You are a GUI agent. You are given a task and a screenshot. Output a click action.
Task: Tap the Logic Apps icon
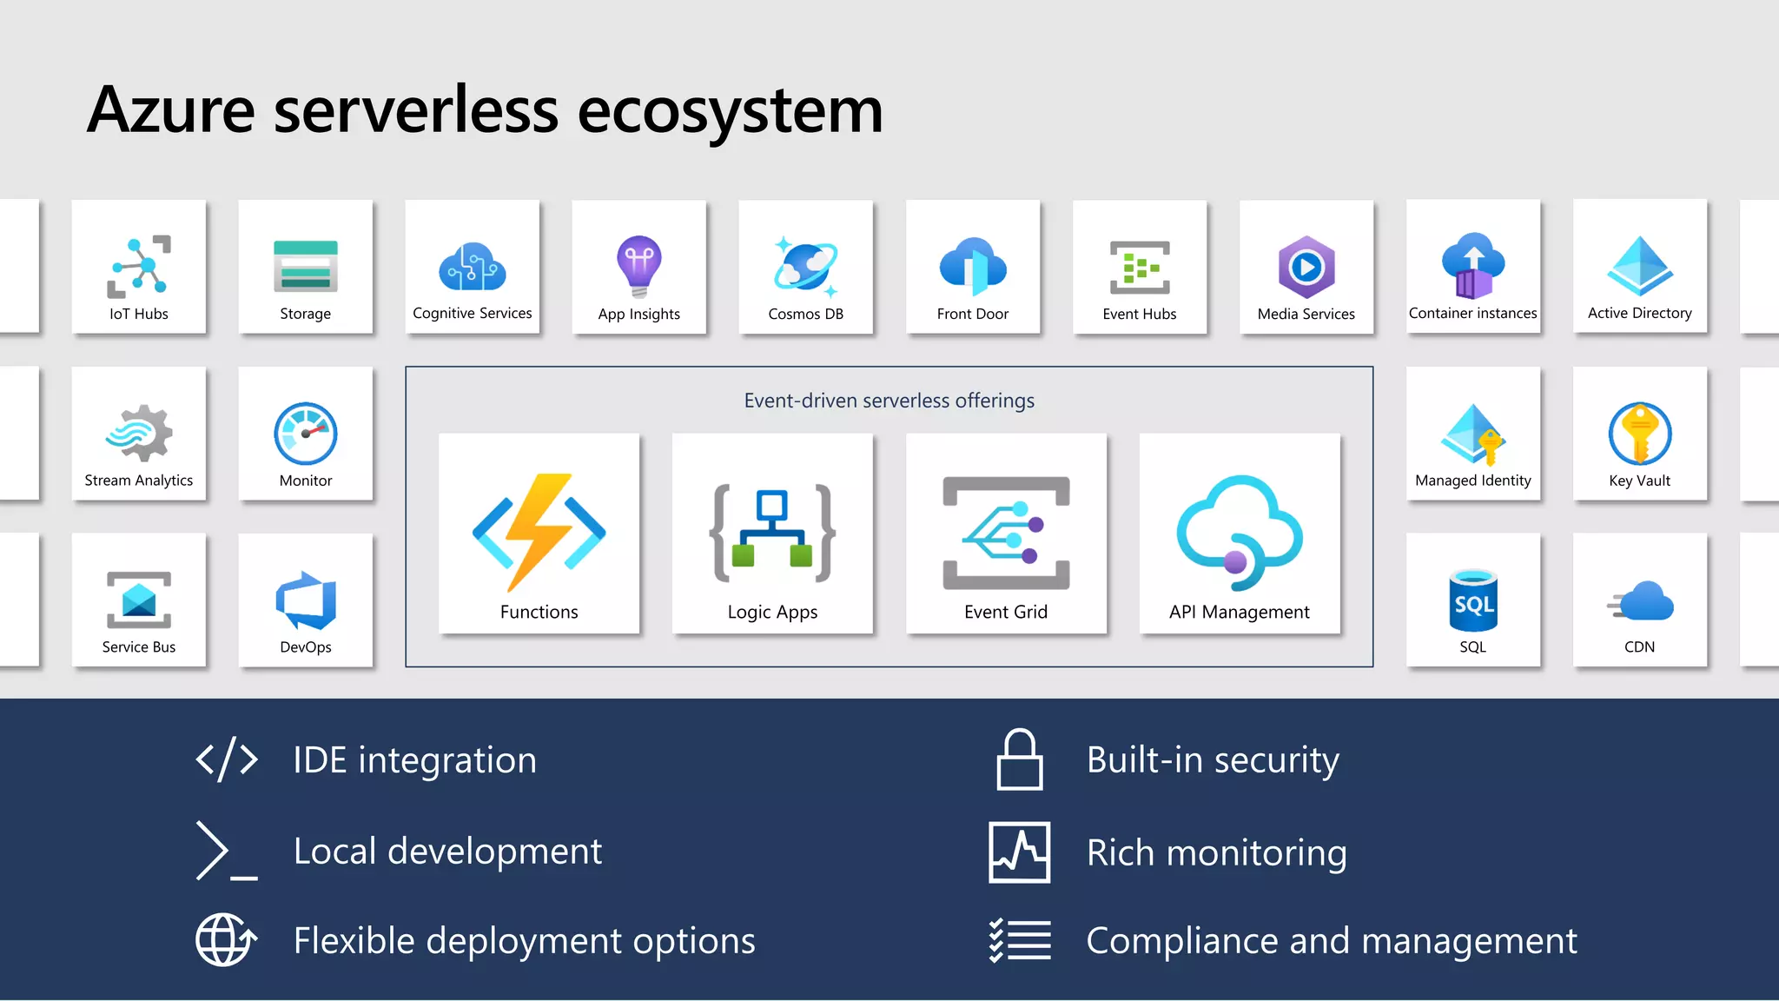[x=772, y=533]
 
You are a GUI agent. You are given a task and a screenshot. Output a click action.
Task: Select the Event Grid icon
[x=1006, y=533]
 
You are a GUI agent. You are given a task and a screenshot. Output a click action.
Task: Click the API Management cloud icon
[x=1239, y=533]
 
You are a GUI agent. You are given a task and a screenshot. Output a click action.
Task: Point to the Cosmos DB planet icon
[x=805, y=266]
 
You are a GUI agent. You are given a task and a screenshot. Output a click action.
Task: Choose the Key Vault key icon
[x=1639, y=434]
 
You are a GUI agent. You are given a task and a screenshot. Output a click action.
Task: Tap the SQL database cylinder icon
[x=1473, y=600]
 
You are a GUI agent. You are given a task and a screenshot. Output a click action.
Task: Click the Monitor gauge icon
[x=306, y=434]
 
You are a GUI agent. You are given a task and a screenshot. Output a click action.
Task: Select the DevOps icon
[x=306, y=600]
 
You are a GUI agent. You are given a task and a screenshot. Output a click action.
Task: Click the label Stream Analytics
[x=139, y=481]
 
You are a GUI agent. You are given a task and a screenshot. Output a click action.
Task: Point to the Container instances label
[x=1472, y=314]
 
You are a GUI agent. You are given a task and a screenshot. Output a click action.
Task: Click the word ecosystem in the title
[x=730, y=110]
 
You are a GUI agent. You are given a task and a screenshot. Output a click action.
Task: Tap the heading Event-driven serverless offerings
[x=889, y=401]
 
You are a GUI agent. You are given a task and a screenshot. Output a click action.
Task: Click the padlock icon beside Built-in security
[x=1019, y=760]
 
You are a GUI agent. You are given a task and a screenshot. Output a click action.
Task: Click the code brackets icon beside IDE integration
[x=227, y=760]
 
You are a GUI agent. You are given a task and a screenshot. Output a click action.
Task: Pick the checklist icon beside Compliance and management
[x=1020, y=940]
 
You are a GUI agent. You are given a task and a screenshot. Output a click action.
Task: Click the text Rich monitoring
[x=1216, y=852]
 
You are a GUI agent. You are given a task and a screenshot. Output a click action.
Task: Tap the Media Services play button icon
[x=1306, y=267]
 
